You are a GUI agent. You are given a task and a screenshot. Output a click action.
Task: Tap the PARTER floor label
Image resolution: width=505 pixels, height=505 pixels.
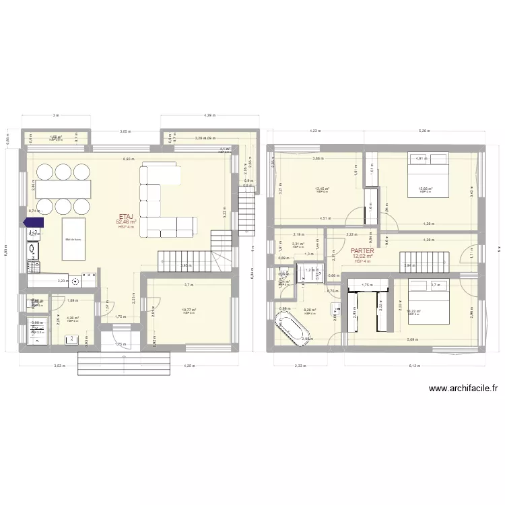[x=363, y=250]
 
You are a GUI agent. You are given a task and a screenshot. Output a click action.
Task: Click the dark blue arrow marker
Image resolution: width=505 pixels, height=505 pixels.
[x=33, y=222]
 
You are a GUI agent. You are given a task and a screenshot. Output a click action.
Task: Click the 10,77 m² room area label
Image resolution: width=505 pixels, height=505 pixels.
[x=189, y=310]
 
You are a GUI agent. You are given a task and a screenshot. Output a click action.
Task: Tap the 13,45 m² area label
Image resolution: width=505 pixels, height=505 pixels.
[x=323, y=189]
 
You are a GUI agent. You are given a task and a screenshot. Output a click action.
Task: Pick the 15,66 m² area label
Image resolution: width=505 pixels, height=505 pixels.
[x=426, y=189]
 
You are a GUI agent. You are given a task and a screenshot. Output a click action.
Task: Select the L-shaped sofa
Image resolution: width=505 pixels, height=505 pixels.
[x=165, y=202]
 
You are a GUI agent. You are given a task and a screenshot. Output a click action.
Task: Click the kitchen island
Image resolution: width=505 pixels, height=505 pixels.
[x=74, y=239]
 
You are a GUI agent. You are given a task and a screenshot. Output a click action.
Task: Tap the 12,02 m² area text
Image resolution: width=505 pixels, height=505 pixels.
[x=363, y=256]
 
